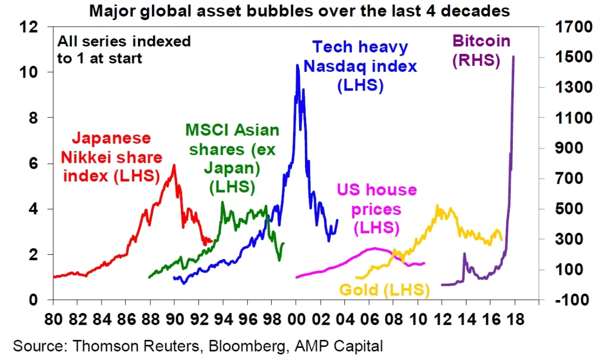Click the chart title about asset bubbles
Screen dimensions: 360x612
coord(299,10)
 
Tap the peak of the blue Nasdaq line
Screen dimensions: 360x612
coord(297,65)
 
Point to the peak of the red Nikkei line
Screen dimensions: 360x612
coord(174,165)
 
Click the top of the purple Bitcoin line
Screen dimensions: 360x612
coord(513,57)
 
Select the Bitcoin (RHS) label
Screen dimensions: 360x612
coord(481,51)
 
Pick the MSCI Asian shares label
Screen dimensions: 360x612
coord(232,158)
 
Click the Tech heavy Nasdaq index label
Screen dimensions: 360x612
coord(360,66)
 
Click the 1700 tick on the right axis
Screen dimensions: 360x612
coord(573,27)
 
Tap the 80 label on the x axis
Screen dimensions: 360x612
coord(53,320)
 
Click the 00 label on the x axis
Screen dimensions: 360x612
coord(296,320)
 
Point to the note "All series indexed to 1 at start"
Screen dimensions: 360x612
coord(124,50)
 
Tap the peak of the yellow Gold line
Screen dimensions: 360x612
coord(437,206)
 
